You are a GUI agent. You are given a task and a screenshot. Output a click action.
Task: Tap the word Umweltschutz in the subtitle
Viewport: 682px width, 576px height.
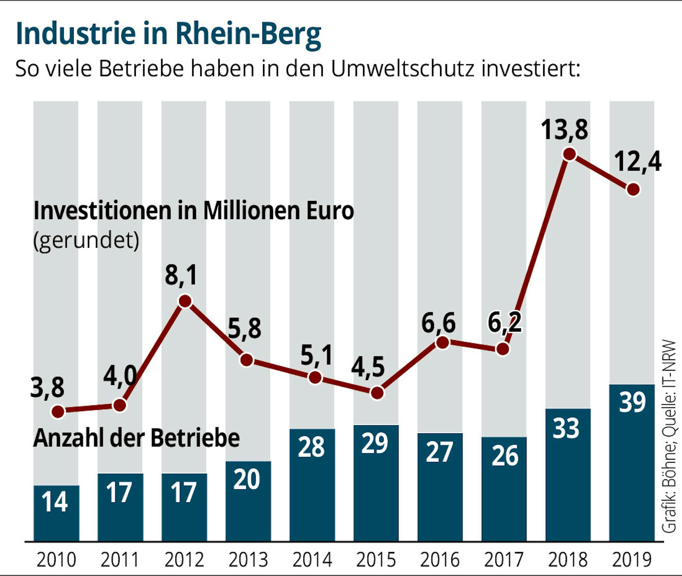[403, 68]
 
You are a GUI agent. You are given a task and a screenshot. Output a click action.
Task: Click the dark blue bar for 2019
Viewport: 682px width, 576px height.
[632, 464]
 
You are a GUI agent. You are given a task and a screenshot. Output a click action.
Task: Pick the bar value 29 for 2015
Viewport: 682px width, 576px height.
[375, 444]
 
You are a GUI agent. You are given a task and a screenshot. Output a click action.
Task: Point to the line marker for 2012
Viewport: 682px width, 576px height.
[185, 301]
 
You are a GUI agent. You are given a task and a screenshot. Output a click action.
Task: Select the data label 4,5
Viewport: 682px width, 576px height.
[368, 368]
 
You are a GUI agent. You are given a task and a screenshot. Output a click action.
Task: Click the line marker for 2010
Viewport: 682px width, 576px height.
[58, 412]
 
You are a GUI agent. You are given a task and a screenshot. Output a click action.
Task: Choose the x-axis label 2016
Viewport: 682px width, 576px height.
[440, 560]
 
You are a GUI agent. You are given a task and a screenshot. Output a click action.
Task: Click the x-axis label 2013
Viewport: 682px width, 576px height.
[248, 560]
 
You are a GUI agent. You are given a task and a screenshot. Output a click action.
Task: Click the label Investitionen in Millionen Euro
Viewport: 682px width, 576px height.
[193, 211]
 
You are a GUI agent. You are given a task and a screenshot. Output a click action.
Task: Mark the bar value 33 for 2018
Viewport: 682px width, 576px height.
[566, 428]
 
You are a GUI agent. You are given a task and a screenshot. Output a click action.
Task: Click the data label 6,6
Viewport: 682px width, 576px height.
[438, 323]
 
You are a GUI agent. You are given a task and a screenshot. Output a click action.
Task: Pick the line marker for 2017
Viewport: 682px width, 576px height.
[503, 349]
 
